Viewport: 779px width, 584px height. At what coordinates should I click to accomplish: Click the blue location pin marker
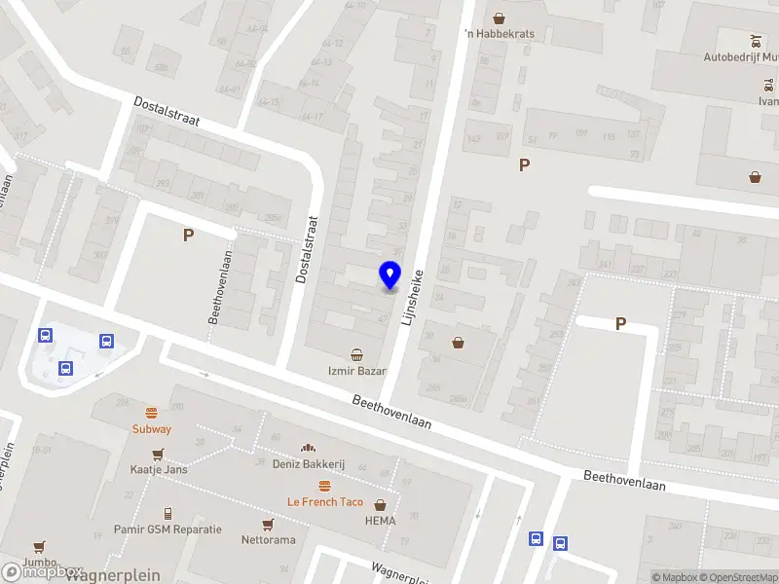coord(390,276)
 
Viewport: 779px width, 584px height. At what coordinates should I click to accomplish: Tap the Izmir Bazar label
coord(356,372)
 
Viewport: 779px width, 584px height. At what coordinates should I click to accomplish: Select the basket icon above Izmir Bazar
coord(357,354)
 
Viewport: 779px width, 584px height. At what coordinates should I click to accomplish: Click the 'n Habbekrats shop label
coord(500,34)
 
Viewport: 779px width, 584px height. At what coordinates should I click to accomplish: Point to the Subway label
coord(152,429)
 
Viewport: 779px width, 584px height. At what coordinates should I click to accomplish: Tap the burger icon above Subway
coord(152,413)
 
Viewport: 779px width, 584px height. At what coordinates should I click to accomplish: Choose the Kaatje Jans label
coord(159,469)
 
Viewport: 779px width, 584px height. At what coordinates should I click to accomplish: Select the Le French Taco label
coord(324,502)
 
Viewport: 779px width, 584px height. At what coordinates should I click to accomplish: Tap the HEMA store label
coord(380,521)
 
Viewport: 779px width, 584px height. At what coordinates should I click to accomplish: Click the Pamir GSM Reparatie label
coord(168,529)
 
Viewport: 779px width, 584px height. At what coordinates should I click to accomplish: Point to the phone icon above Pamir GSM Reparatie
coord(167,513)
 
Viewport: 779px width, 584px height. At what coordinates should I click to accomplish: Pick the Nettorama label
coord(268,540)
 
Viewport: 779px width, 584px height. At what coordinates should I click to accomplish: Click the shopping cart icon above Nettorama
coord(268,525)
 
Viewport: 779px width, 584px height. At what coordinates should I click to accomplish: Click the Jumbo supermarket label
coord(39,562)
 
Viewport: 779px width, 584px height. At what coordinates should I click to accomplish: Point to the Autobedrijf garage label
coord(740,56)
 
